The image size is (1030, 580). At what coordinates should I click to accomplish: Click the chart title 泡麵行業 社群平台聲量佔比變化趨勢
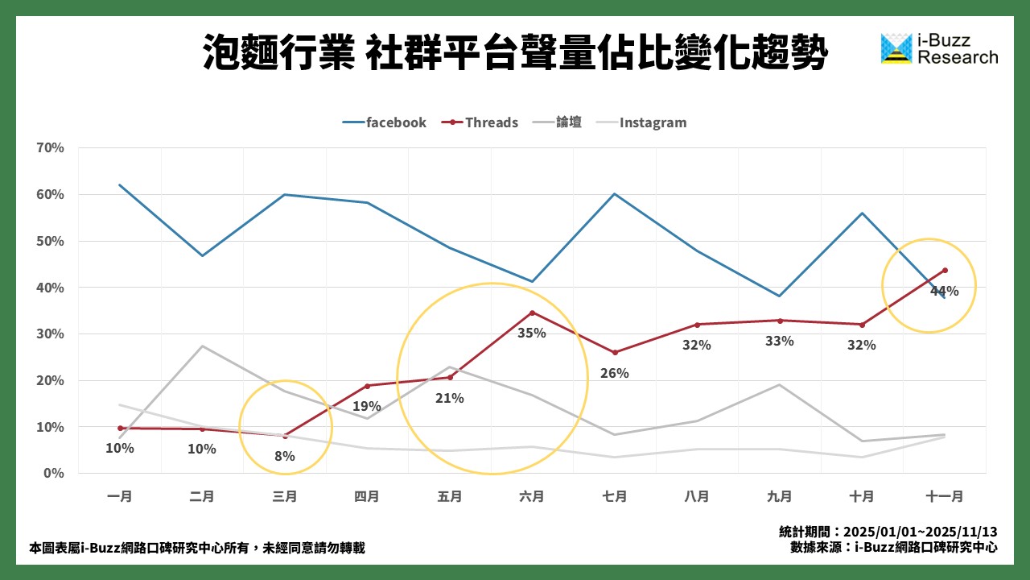(x=515, y=53)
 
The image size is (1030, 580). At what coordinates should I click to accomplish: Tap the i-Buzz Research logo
(x=939, y=49)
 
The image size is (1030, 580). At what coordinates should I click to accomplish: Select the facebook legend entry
(x=385, y=122)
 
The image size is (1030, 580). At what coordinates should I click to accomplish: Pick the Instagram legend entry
(x=641, y=122)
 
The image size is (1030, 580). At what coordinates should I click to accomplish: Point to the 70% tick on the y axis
(x=50, y=148)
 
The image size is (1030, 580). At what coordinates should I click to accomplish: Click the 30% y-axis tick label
(x=50, y=333)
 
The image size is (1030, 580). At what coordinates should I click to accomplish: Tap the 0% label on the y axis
(x=54, y=473)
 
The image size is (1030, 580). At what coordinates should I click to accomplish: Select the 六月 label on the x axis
(x=532, y=497)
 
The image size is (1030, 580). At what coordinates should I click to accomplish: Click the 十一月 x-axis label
(x=945, y=497)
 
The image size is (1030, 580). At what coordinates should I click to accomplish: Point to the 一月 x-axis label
(x=120, y=497)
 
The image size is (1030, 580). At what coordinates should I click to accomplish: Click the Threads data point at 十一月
(x=945, y=271)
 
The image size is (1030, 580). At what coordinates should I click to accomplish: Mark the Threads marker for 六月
(x=532, y=313)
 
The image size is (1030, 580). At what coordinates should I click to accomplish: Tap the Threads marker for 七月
(x=615, y=353)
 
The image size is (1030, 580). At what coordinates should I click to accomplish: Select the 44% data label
(x=944, y=292)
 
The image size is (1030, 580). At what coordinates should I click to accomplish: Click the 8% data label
(x=285, y=456)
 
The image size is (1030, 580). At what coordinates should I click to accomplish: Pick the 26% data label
(x=615, y=374)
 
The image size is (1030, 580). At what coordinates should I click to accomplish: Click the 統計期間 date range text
(x=888, y=532)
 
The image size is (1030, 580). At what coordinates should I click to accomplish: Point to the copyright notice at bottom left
(x=196, y=548)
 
